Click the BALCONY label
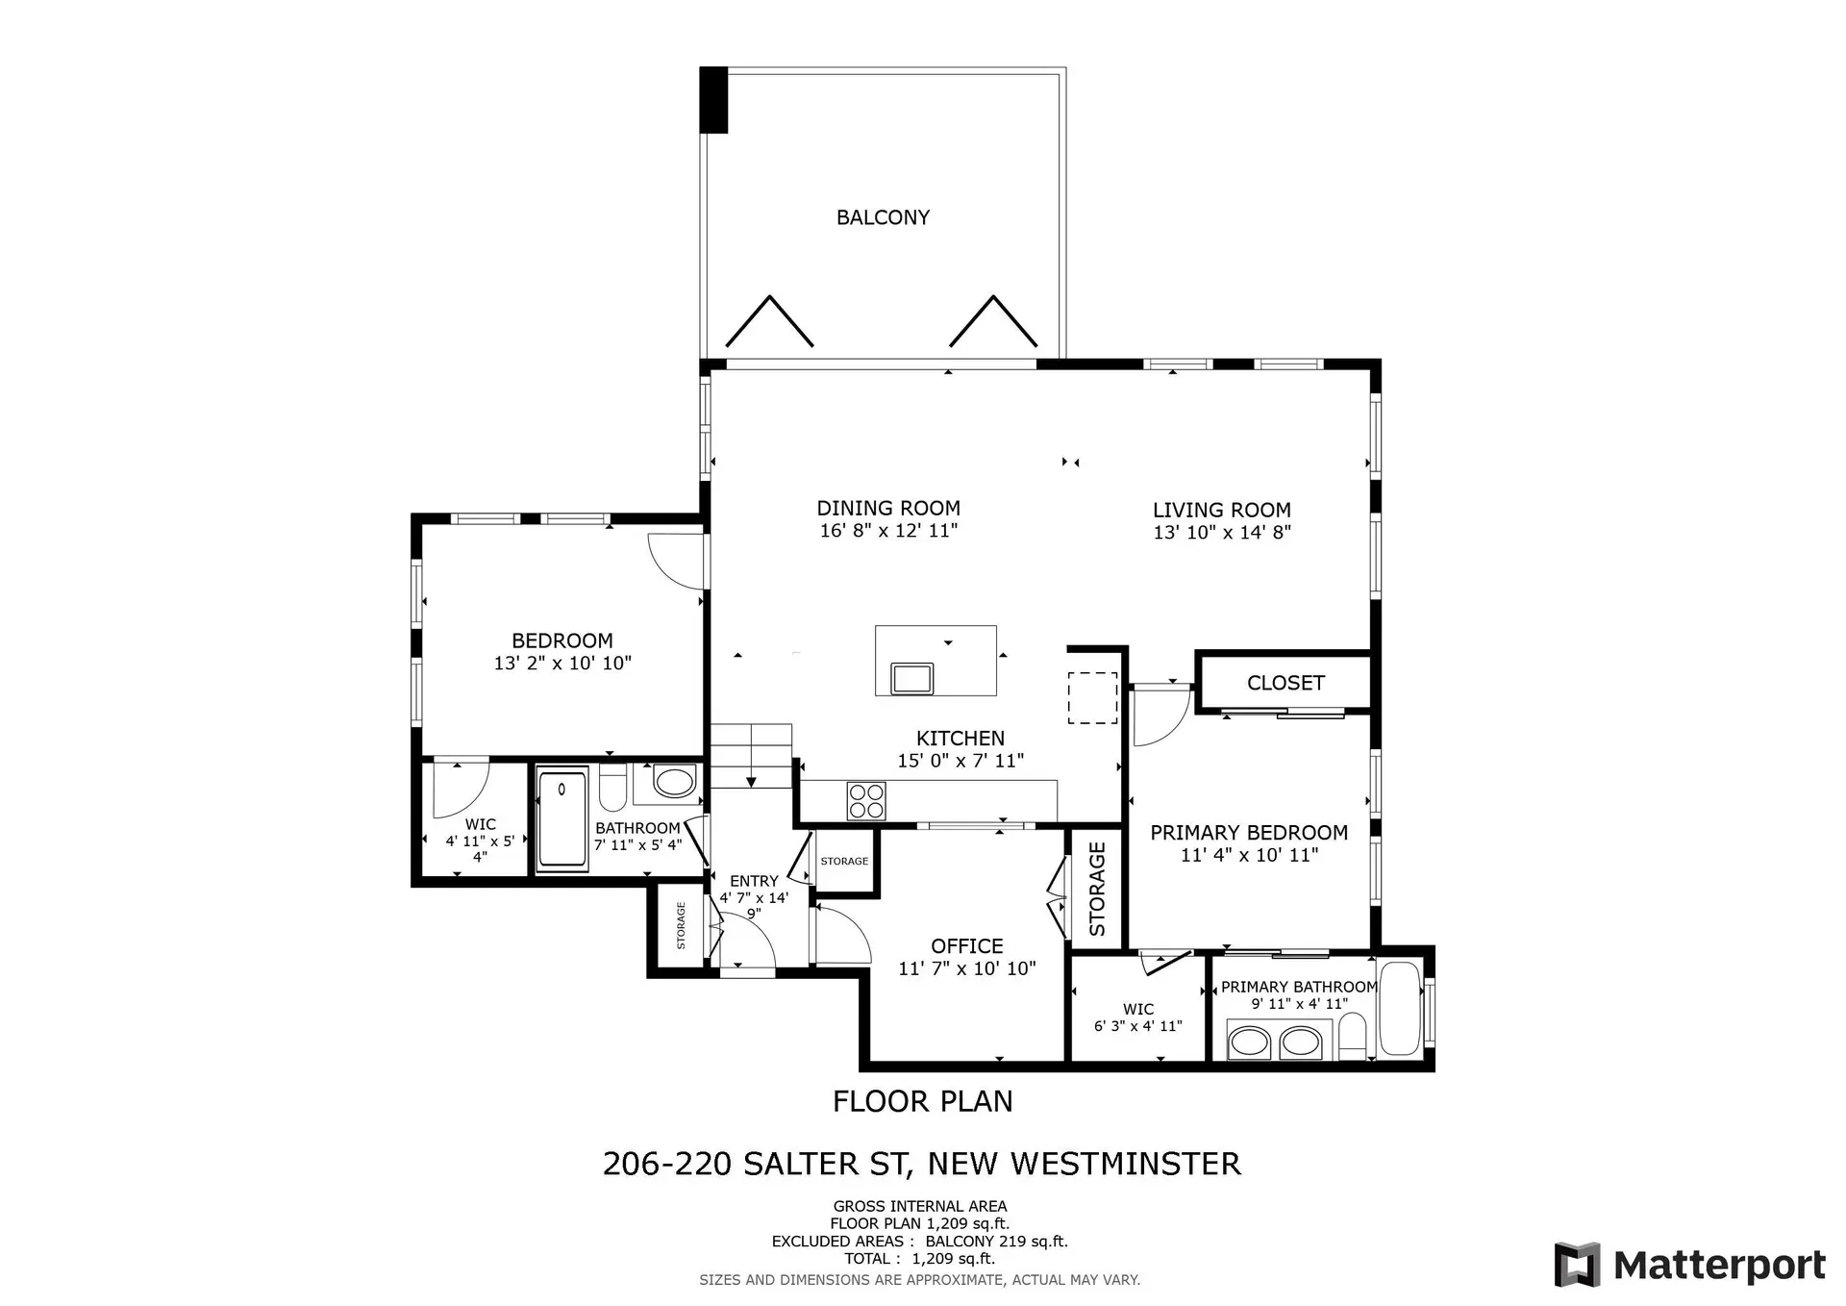pyautogui.click(x=883, y=218)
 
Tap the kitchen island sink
pyautogui.click(x=911, y=678)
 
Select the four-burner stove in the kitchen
pyautogui.click(x=866, y=801)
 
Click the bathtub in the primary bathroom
pyautogui.click(x=1399, y=1008)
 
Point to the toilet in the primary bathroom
pyautogui.click(x=1353, y=1034)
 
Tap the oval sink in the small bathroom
pyautogui.click(x=674, y=782)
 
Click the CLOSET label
pyautogui.click(x=1285, y=683)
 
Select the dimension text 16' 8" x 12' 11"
pyautogui.click(x=888, y=531)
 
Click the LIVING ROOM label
pyautogui.click(x=1221, y=511)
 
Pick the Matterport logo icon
pyautogui.click(x=1577, y=1264)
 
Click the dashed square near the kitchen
pyautogui.click(x=1093, y=697)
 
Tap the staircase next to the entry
pyautogui.click(x=751, y=756)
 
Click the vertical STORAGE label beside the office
pyautogui.click(x=1097, y=889)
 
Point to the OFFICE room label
pyautogui.click(x=966, y=946)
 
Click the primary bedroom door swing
pyautogui.click(x=1159, y=719)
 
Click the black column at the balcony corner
pyautogui.click(x=713, y=100)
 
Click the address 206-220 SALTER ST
pyautogui.click(x=755, y=1164)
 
